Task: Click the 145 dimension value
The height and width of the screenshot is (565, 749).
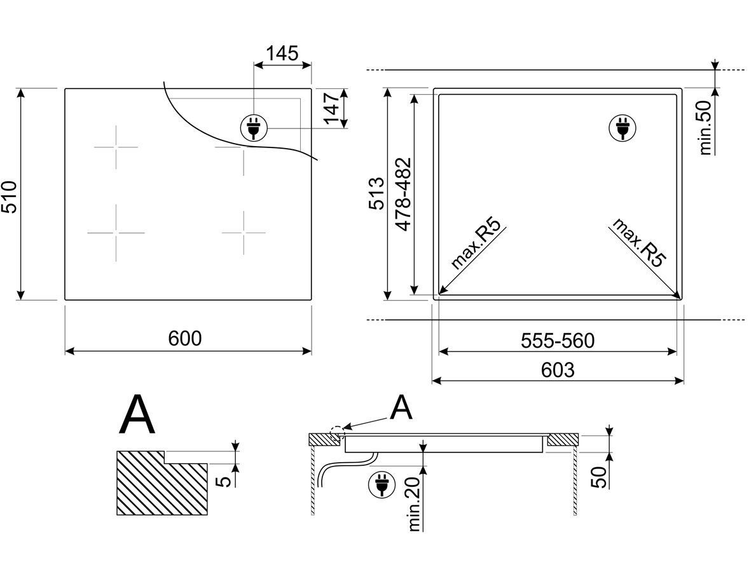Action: pyautogui.click(x=282, y=53)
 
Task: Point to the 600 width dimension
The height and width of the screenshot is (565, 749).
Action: pyautogui.click(x=185, y=338)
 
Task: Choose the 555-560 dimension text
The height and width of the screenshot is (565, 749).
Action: pyautogui.click(x=558, y=341)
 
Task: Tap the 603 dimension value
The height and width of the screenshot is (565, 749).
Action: pyautogui.click(x=558, y=370)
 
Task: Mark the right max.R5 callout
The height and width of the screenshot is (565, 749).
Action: pyautogui.click(x=638, y=243)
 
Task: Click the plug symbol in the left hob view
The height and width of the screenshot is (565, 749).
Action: pyautogui.click(x=254, y=128)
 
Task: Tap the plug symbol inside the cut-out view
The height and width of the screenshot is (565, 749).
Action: pyautogui.click(x=622, y=128)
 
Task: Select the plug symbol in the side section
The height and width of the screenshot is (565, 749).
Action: pyautogui.click(x=382, y=485)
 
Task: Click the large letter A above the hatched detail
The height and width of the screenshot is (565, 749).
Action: pyautogui.click(x=137, y=414)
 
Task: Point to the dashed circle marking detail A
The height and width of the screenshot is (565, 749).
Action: pyautogui.click(x=337, y=432)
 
